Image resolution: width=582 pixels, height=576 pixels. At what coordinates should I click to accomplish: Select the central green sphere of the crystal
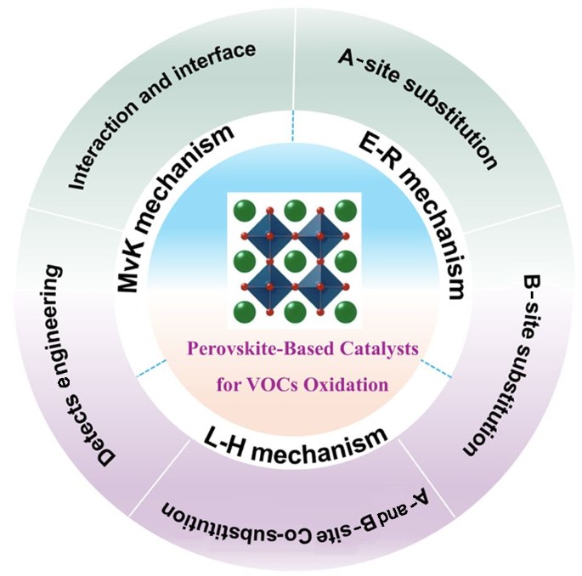[294, 259]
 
